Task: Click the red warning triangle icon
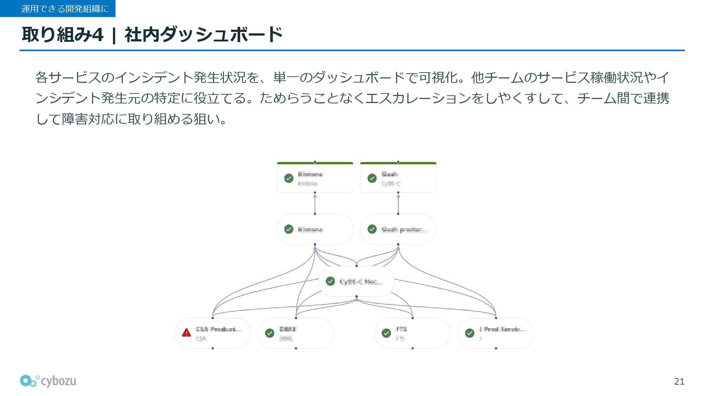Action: point(186,333)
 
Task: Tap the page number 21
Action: point(679,382)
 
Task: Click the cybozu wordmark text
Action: point(58,381)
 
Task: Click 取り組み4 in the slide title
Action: point(63,35)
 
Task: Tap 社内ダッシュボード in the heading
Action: point(203,35)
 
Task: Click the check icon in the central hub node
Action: point(330,281)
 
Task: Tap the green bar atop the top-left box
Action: point(315,163)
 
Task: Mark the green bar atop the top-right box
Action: point(398,163)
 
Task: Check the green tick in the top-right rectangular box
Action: point(372,178)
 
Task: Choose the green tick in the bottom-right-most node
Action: point(470,333)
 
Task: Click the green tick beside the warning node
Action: point(270,333)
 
